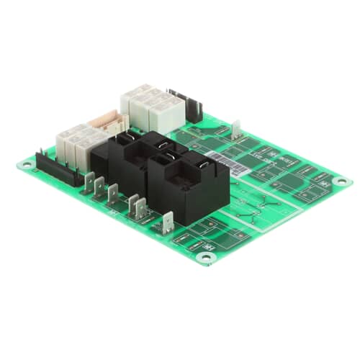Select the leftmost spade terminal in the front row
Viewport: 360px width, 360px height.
pos(90,185)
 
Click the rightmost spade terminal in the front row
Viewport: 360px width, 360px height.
pos(168,222)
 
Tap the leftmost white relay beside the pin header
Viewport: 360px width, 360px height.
pos(63,141)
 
